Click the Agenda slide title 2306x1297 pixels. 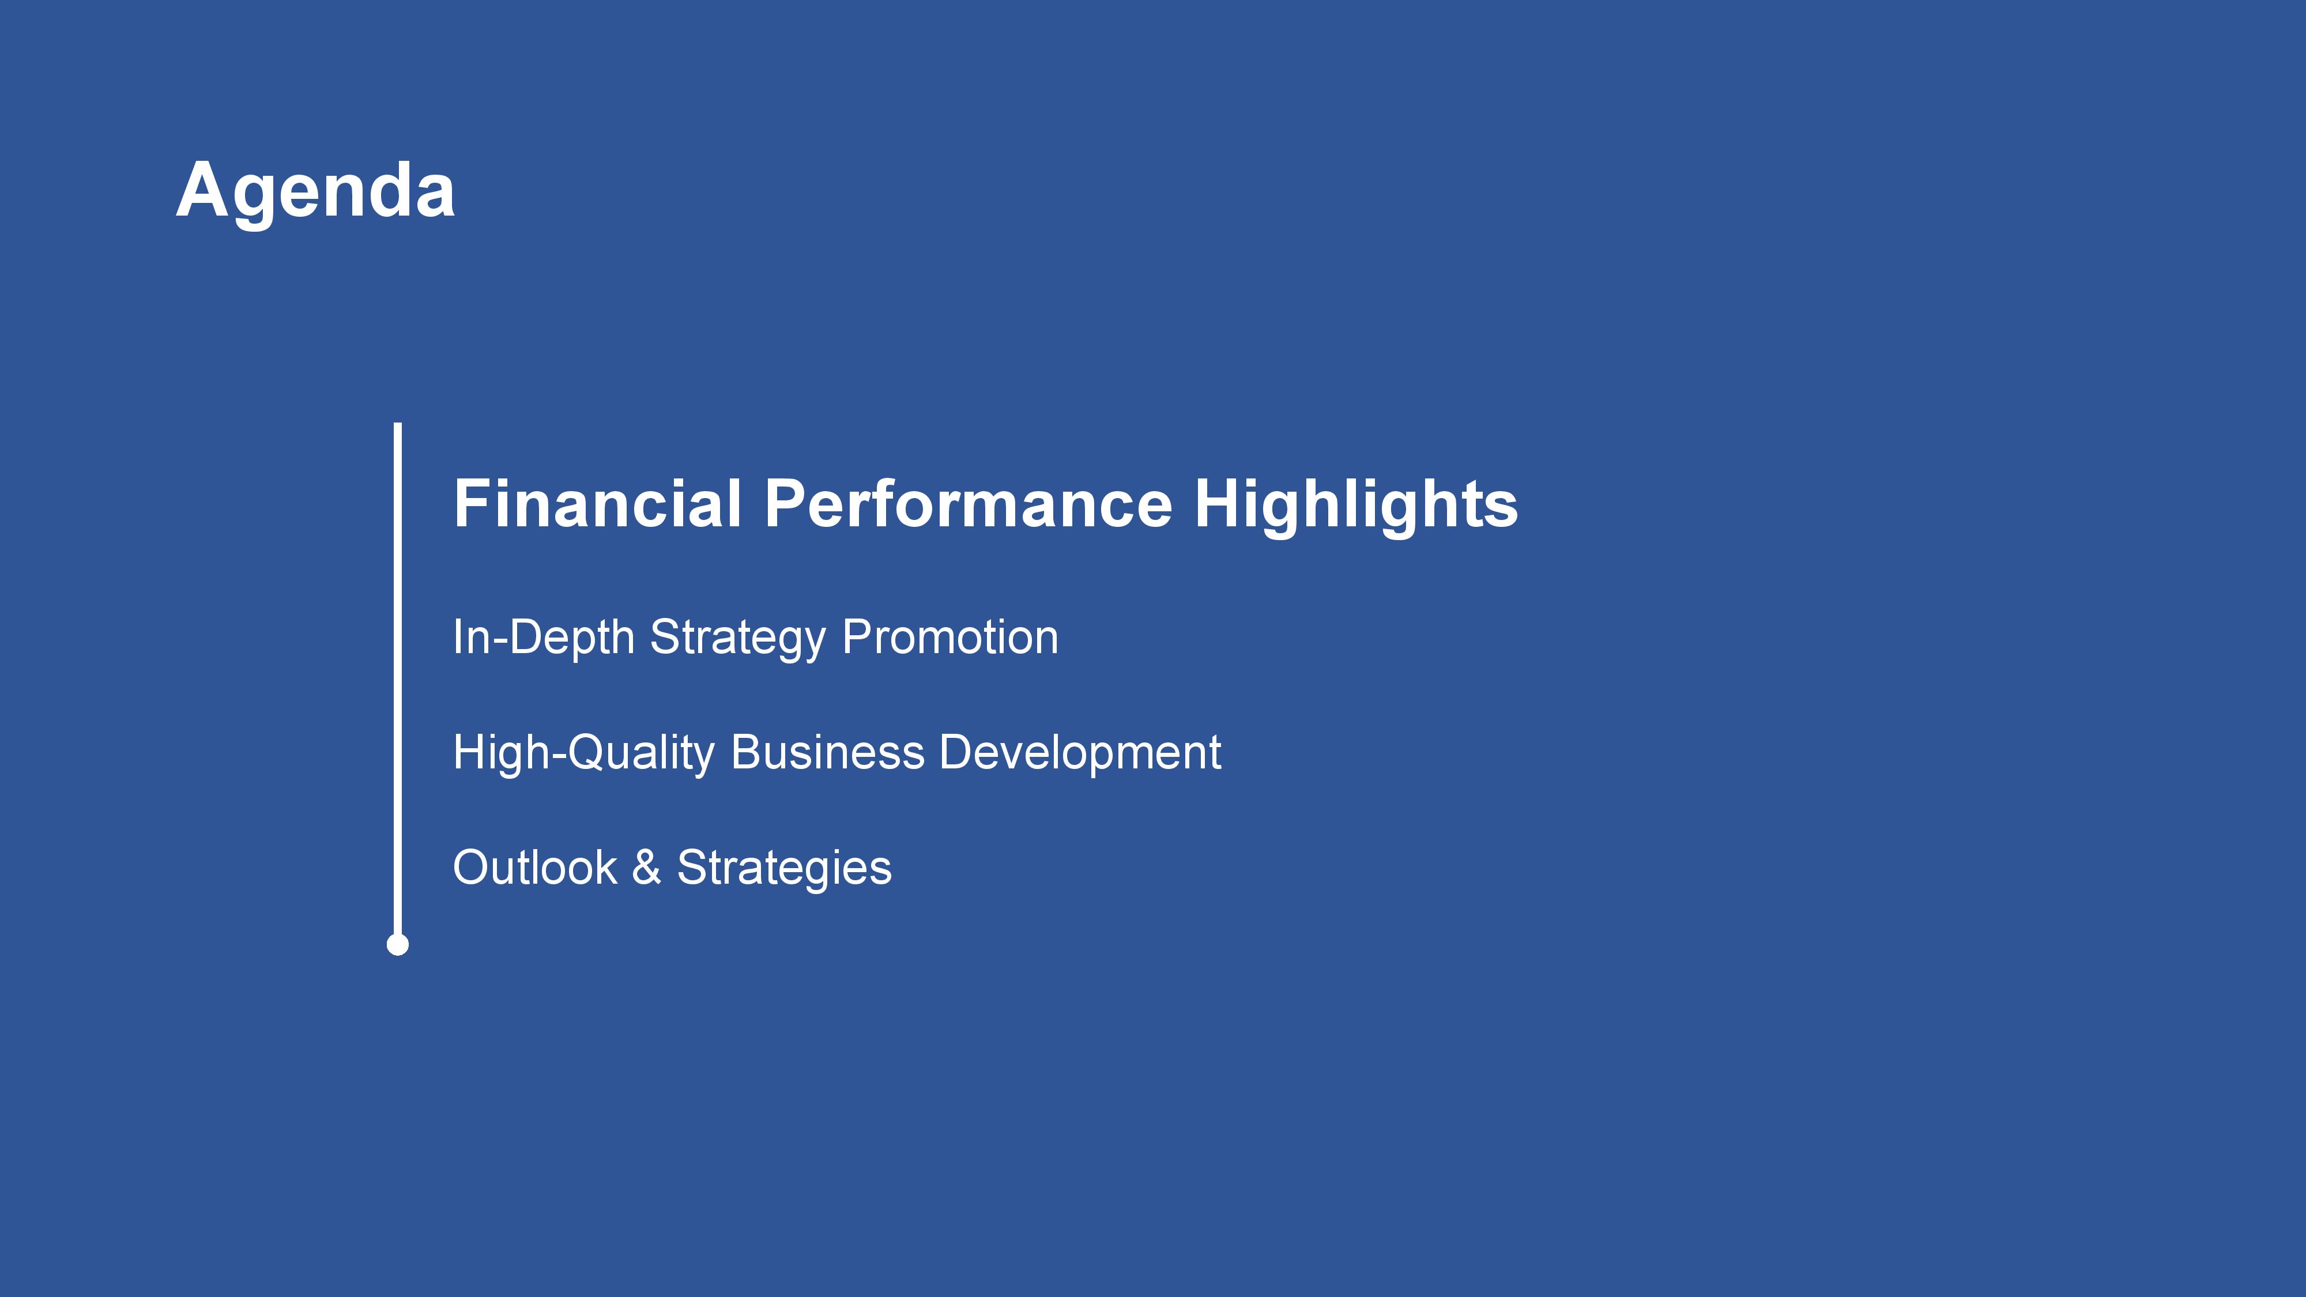pos(316,191)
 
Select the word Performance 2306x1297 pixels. pos(968,503)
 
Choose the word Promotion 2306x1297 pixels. pos(951,638)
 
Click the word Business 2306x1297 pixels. pos(828,752)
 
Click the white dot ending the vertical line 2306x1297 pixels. pos(397,944)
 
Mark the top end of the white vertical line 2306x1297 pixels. pos(397,423)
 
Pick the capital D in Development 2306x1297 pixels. pos(959,752)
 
